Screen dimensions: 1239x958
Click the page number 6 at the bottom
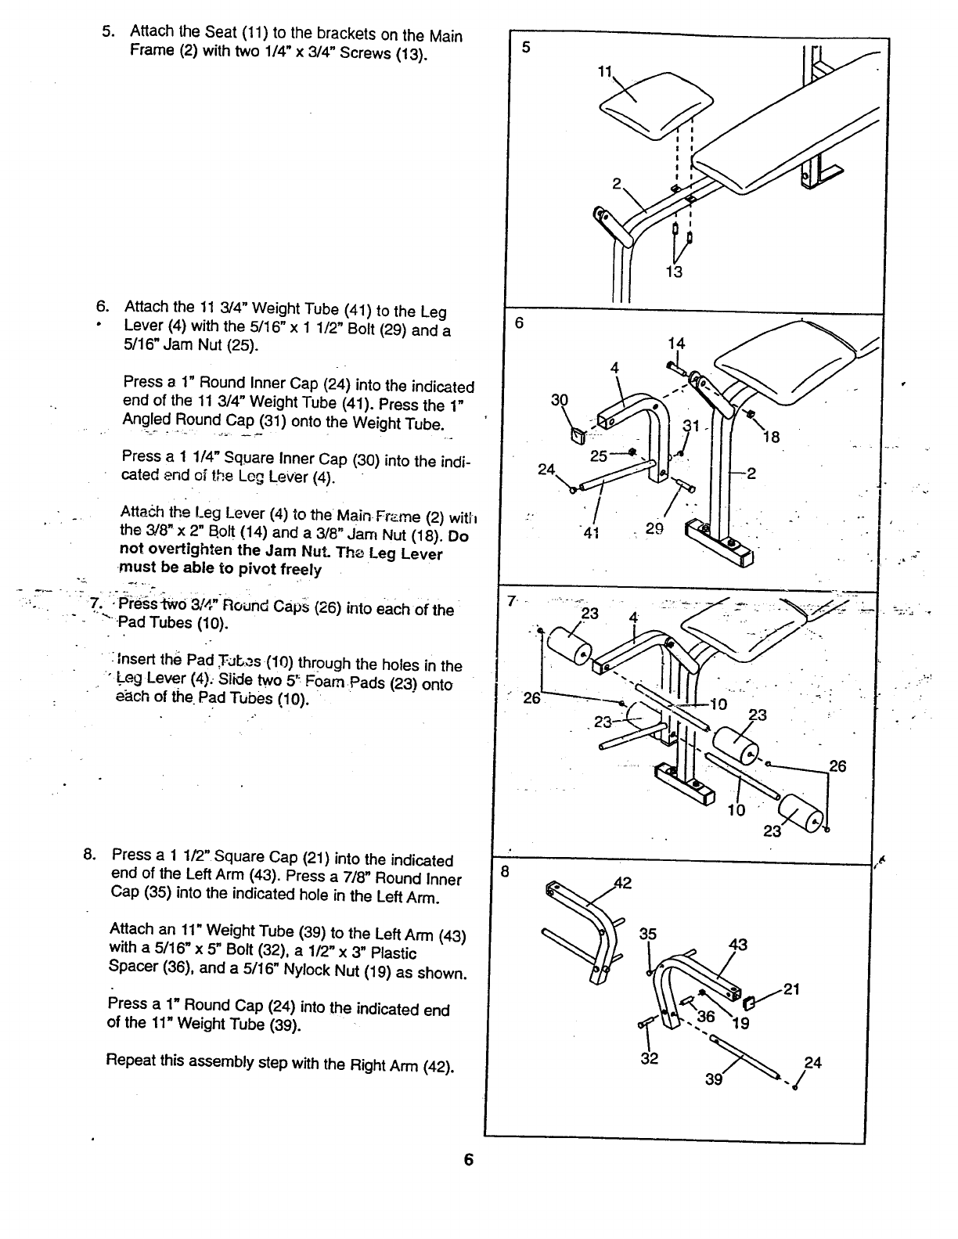[468, 1160]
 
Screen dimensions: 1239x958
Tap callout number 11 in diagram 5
[604, 72]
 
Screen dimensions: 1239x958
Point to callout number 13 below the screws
[674, 272]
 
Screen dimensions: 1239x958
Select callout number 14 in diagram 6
[676, 344]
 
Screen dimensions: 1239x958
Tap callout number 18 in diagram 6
[771, 437]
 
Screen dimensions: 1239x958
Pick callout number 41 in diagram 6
[589, 535]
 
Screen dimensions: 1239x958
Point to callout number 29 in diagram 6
[654, 529]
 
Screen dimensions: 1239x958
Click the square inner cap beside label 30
[578, 434]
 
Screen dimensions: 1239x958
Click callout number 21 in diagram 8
[791, 989]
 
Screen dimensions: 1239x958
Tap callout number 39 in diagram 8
[713, 1079]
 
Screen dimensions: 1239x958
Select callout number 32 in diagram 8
[650, 1058]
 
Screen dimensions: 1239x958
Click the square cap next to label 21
[747, 1003]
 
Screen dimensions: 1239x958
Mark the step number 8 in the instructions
[89, 854]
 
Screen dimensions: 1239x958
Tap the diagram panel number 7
[511, 601]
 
